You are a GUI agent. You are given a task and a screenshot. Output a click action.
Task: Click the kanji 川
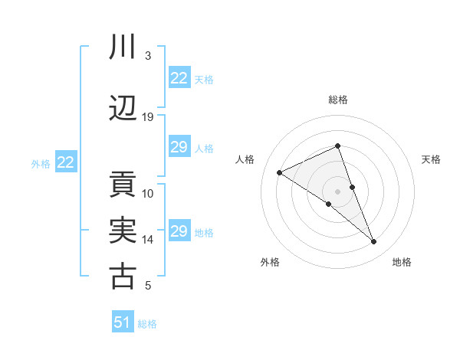coord(123,47)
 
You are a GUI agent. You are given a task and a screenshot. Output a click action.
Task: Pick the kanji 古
coord(123,277)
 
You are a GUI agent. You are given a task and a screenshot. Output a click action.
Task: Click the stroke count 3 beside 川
coord(148,56)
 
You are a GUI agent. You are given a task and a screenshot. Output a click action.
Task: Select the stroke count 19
coord(148,117)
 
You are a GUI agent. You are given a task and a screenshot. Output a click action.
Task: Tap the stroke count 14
coord(148,240)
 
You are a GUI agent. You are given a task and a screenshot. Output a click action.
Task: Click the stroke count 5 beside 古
coord(148,286)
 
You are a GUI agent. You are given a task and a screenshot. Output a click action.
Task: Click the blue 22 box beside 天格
coord(179,78)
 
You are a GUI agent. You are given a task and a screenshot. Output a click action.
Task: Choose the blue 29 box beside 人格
coord(179,147)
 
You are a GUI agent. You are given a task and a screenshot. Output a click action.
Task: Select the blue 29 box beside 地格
coord(179,231)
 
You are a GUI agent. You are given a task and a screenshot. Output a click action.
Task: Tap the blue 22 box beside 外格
coord(66,162)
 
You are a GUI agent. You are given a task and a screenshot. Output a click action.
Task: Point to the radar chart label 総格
coord(338,100)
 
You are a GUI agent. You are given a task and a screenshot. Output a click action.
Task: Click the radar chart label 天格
coord(431,159)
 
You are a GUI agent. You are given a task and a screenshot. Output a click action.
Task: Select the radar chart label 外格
coord(270,263)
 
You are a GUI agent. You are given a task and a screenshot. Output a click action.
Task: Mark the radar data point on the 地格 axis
coord(374,242)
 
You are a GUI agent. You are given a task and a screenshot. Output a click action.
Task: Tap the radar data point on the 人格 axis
coord(280,172)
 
